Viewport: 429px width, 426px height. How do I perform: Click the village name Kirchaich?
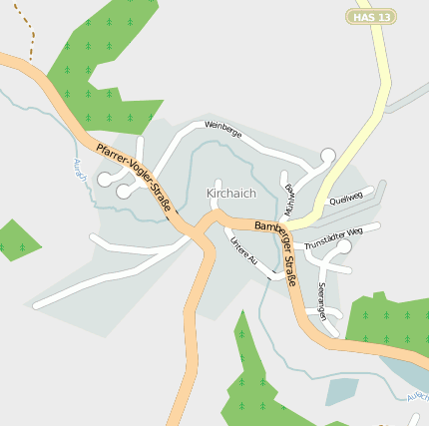[230, 193]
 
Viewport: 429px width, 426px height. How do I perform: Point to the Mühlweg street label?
[289, 200]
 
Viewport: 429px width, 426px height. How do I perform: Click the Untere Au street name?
[242, 250]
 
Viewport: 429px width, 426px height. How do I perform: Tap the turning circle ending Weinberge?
[328, 155]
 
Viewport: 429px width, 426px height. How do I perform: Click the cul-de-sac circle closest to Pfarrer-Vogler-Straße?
[124, 191]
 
